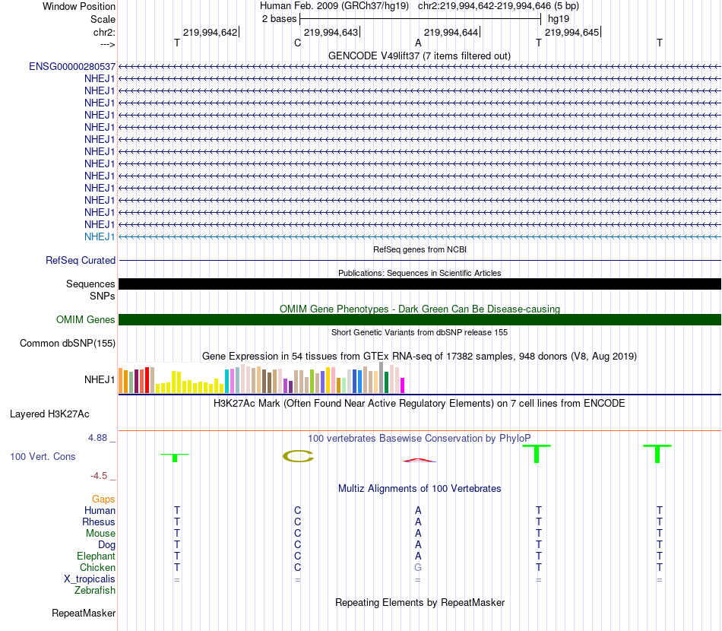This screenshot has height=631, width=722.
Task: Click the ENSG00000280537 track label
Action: point(72,67)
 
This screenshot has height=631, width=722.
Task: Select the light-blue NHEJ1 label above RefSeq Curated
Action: point(100,236)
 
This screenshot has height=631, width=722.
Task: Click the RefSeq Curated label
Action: point(81,260)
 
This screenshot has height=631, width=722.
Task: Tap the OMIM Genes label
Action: point(86,320)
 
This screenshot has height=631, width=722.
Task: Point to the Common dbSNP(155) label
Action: point(68,344)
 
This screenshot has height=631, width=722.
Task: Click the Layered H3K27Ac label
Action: point(49,414)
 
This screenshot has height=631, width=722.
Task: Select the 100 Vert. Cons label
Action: point(43,457)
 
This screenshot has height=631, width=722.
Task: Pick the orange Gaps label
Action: point(103,499)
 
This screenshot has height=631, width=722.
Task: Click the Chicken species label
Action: point(97,567)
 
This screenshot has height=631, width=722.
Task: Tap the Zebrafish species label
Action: point(95,590)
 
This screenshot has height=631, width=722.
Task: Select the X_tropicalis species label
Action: point(90,579)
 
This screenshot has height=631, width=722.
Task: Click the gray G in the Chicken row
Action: point(417,567)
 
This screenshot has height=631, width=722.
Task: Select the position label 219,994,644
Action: point(451,33)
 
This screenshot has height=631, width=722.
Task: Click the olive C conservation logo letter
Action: point(298,456)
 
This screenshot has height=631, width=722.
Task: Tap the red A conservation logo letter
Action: point(419,460)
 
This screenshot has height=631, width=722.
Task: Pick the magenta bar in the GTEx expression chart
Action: point(403,385)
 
